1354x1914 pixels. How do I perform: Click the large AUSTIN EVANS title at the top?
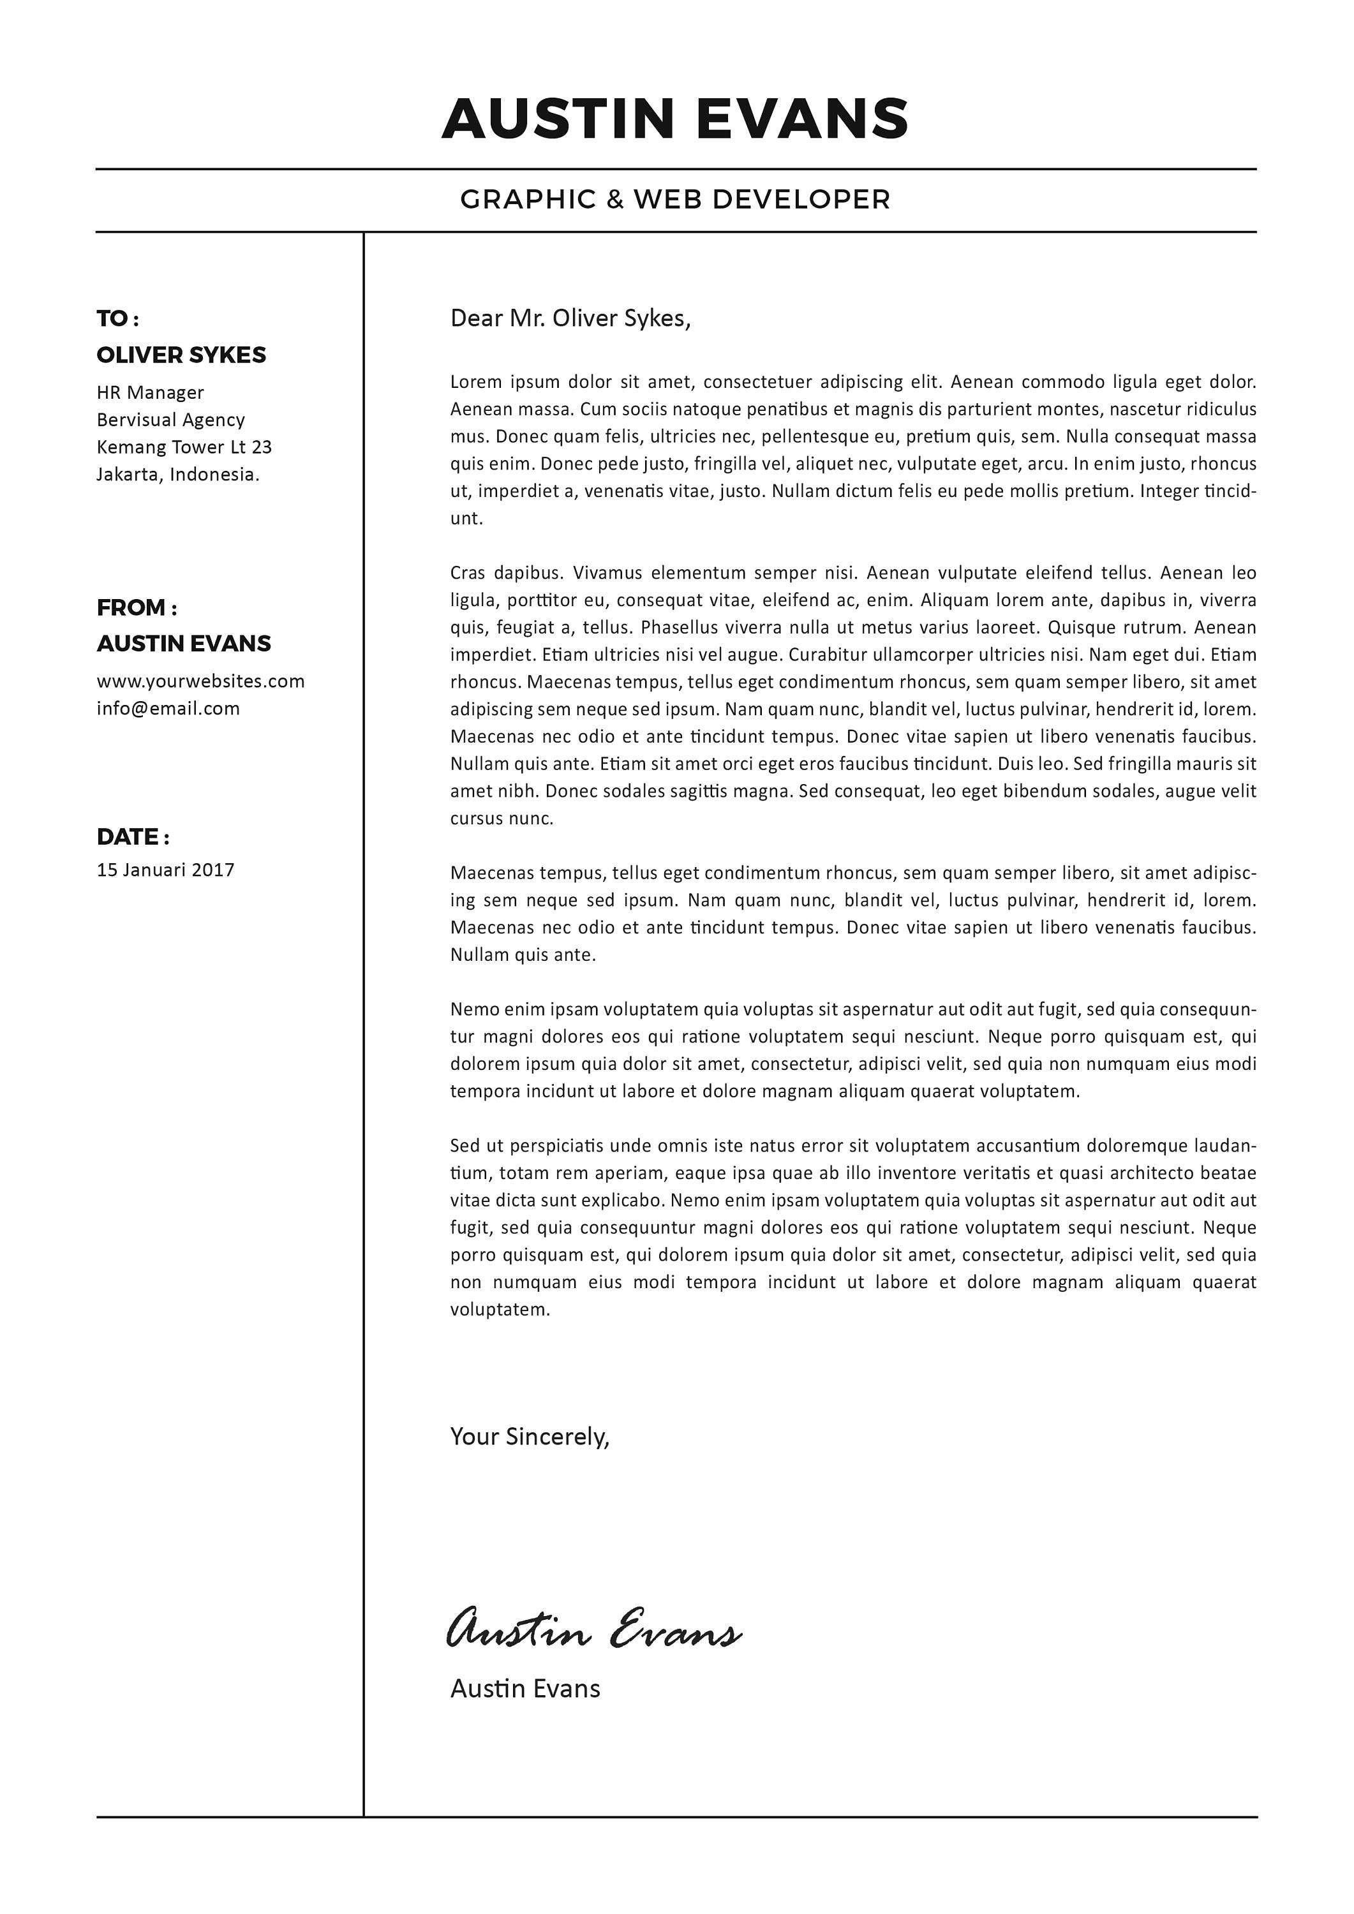pos(674,119)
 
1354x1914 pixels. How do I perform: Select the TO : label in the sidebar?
pos(117,318)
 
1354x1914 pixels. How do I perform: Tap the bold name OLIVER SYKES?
pos(181,355)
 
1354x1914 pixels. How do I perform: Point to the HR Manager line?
pos(150,392)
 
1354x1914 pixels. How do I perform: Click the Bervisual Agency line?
pos(170,420)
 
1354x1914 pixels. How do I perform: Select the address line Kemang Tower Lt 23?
pos(184,447)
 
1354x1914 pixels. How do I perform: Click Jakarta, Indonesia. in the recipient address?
pos(177,474)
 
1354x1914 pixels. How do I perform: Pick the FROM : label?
pos(137,608)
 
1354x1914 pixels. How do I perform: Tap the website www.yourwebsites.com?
pos(200,681)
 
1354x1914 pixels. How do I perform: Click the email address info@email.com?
pos(168,709)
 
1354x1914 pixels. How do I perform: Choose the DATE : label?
pos(133,837)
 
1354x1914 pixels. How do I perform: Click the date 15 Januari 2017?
pos(165,870)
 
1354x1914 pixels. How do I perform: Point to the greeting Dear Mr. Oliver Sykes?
pos(570,318)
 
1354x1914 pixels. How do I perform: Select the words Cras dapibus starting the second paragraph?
pos(505,574)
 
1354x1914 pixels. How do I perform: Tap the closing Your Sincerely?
pos(530,1436)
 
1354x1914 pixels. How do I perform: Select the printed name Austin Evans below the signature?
pos(524,1689)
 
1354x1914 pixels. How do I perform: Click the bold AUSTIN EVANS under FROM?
pos(183,644)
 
